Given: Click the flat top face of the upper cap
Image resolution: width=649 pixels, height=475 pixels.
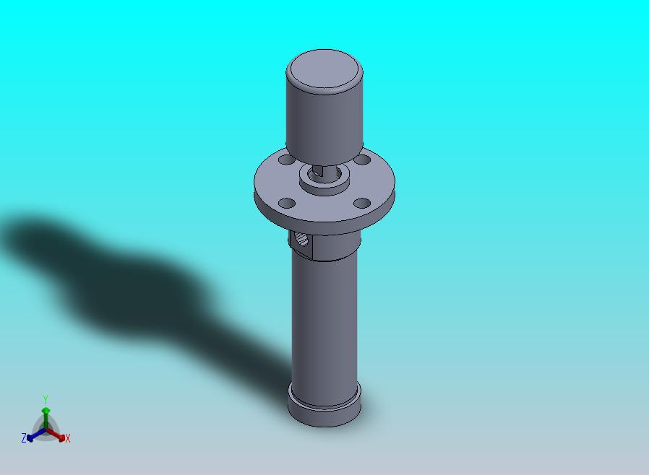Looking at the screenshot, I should [324, 70].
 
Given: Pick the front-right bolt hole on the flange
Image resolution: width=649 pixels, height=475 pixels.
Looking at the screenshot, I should [360, 204].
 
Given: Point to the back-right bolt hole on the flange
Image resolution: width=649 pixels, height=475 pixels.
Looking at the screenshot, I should [363, 160].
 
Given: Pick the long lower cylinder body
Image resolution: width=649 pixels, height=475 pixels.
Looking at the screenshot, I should [324, 318].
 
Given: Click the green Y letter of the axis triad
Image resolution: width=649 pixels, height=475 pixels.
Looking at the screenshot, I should [46, 399].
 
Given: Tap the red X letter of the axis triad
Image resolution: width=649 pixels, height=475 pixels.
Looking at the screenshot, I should [67, 438].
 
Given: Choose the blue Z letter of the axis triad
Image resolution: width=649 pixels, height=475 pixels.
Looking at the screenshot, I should [24, 437].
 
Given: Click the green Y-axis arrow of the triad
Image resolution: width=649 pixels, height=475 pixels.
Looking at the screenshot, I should [46, 415].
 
